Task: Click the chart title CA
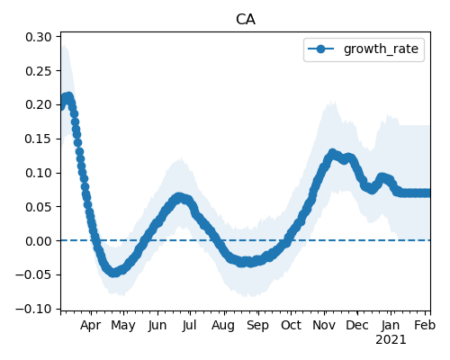(246, 20)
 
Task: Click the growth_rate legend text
(381, 49)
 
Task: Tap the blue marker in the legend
(320, 49)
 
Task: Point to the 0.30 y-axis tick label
(39, 37)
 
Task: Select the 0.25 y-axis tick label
(39, 71)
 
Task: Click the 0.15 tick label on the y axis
(39, 139)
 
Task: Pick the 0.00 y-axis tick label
(39, 241)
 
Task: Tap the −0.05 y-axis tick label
(34, 274)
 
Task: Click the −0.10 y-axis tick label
(34, 309)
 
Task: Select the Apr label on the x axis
(91, 326)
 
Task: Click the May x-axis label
(123, 326)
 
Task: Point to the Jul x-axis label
(189, 326)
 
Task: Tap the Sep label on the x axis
(257, 326)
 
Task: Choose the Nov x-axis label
(324, 326)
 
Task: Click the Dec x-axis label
(357, 326)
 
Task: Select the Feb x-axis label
(425, 326)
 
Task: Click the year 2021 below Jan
(391, 340)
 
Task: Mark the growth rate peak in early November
(332, 153)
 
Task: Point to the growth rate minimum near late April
(114, 273)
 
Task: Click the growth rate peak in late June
(179, 197)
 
